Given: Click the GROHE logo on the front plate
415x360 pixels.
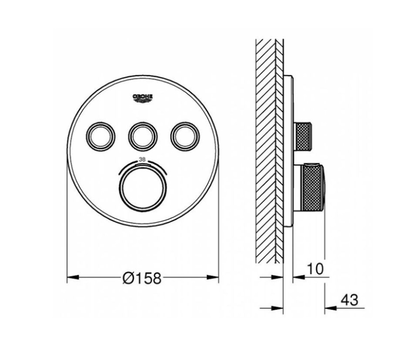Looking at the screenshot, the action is tap(143, 98).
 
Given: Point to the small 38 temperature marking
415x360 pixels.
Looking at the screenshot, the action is tap(143, 160).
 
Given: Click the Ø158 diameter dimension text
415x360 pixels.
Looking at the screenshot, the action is tap(142, 278).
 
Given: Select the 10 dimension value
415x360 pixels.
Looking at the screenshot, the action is tap(315, 269).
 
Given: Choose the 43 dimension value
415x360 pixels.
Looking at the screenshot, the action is tap(349, 300).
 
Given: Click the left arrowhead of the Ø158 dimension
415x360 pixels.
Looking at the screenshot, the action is tap(73, 277).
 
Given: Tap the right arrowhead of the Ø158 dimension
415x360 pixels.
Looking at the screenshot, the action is tap(213, 277).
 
